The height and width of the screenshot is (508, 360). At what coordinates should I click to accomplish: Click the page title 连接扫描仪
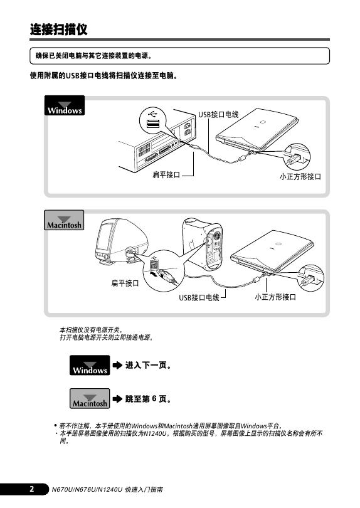pyautogui.click(x=59, y=29)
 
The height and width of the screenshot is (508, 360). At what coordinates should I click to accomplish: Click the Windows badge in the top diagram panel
pyautogui.click(x=65, y=105)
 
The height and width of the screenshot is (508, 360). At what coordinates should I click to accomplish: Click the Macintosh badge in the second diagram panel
pyautogui.click(x=64, y=220)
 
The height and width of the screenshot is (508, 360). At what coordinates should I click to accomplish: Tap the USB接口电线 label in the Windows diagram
pyautogui.click(x=218, y=114)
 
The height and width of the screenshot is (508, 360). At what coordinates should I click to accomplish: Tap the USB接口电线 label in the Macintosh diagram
pyautogui.click(x=199, y=297)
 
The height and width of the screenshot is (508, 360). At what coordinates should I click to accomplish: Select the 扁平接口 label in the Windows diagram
pyautogui.click(x=166, y=175)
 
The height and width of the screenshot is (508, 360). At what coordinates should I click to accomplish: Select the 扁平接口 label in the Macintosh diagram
pyautogui.click(x=125, y=283)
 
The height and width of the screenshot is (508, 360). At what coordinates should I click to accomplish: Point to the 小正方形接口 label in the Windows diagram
pyautogui.click(x=300, y=177)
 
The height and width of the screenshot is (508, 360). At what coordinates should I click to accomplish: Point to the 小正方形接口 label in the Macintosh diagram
pyautogui.click(x=275, y=297)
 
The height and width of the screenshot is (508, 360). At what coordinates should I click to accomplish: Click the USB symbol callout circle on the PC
pyautogui.click(x=152, y=120)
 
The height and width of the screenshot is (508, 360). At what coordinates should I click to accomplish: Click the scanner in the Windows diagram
pyautogui.click(x=257, y=130)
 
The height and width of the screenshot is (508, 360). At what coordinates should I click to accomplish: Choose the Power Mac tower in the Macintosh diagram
pyautogui.click(x=203, y=243)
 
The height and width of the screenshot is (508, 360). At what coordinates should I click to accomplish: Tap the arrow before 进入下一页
pyautogui.click(x=117, y=366)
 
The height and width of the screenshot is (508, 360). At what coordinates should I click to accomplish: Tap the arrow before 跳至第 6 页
pyautogui.click(x=117, y=399)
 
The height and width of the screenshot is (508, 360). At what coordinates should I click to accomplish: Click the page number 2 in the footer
pyautogui.click(x=32, y=489)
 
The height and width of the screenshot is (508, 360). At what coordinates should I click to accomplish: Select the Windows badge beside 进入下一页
pyautogui.click(x=90, y=365)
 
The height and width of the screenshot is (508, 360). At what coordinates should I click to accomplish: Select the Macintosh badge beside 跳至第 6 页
pyautogui.click(x=90, y=398)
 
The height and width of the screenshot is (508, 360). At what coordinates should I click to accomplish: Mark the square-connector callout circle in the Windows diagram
pyautogui.click(x=297, y=157)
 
